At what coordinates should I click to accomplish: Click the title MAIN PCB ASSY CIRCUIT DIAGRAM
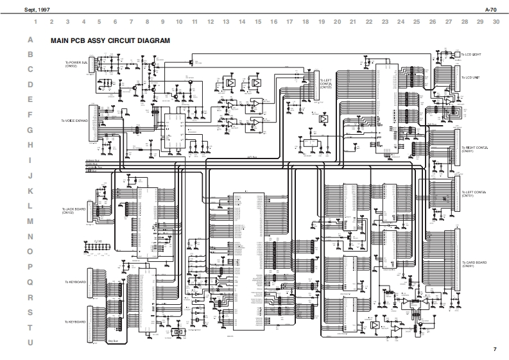[x=110, y=41]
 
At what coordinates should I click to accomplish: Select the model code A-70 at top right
[x=491, y=10]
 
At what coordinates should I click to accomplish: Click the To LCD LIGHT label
[x=472, y=55]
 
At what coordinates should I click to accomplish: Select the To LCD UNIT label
[x=470, y=78]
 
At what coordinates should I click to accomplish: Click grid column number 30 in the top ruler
[x=496, y=22]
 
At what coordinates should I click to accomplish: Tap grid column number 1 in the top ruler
[x=35, y=22]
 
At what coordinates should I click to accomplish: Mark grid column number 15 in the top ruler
[x=258, y=22]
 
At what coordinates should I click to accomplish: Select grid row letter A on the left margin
[x=30, y=40]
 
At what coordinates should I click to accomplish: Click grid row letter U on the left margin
[x=30, y=343]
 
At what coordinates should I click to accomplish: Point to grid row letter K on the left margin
[x=30, y=191]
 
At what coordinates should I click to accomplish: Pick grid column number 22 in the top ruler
[x=369, y=22]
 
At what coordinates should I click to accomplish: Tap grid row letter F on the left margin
[x=30, y=116]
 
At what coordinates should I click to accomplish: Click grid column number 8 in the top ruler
[x=147, y=22]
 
